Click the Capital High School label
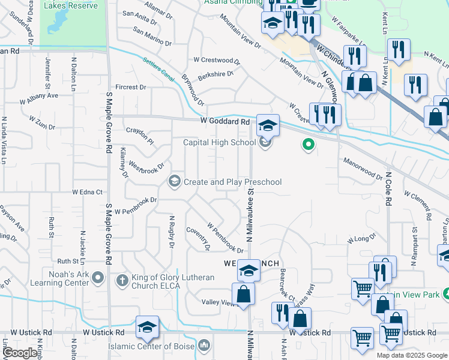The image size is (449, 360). point(219,142)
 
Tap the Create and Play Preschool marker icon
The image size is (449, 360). point(175,181)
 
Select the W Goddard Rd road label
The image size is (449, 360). point(225,122)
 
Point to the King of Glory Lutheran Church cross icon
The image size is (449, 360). point(121,280)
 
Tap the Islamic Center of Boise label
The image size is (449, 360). point(151,347)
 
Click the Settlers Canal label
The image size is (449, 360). point(158,68)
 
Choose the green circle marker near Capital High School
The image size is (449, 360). point(309,144)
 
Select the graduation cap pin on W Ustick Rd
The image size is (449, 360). point(147,326)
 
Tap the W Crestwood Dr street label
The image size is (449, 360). point(216,60)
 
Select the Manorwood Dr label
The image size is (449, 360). point(363,169)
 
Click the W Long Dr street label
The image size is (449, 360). point(360,239)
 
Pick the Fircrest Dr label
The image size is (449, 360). point(131,87)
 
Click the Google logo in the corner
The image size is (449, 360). point(20,352)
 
